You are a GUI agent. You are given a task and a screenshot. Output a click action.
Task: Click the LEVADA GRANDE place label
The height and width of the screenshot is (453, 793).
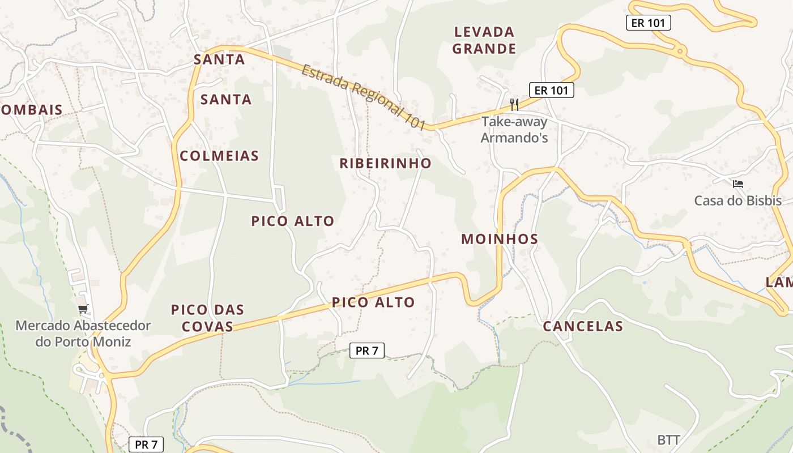point(484,40)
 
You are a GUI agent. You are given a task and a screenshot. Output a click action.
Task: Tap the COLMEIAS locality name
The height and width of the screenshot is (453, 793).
point(219,156)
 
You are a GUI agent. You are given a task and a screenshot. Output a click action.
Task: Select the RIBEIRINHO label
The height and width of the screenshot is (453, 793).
point(385,164)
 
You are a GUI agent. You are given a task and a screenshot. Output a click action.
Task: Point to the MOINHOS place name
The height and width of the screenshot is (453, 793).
point(500,239)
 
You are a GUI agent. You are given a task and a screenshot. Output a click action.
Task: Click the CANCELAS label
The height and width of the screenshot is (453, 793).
point(583,326)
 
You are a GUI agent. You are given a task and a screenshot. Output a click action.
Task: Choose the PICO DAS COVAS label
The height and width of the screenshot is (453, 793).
point(207,318)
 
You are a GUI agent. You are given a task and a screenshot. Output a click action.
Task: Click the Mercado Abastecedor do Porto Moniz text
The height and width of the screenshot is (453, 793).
point(83,334)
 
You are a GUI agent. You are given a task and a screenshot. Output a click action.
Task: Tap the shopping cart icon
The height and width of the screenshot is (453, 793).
point(83,309)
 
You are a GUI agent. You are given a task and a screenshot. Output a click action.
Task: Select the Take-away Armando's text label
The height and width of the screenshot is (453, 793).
point(514,129)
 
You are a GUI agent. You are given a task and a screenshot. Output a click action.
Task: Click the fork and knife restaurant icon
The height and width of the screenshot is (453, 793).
point(514,104)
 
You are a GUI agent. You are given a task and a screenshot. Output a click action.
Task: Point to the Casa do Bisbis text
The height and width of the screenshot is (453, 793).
point(737,200)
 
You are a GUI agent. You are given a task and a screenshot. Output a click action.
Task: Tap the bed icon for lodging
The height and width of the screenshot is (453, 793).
point(737,183)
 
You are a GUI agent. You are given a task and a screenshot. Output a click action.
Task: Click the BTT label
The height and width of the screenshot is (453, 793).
point(668,439)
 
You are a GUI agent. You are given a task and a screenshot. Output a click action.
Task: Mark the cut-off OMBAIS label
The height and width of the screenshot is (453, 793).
point(31,110)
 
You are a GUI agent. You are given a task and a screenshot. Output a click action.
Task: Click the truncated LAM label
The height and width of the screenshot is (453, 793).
point(779,282)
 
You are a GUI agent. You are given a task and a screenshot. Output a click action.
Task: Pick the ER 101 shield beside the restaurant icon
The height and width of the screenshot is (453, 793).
point(551,89)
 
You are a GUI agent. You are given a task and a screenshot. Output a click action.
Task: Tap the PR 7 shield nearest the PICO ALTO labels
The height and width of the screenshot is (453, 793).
point(366,351)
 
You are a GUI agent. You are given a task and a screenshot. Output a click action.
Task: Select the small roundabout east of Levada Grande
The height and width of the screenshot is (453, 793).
point(680,52)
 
